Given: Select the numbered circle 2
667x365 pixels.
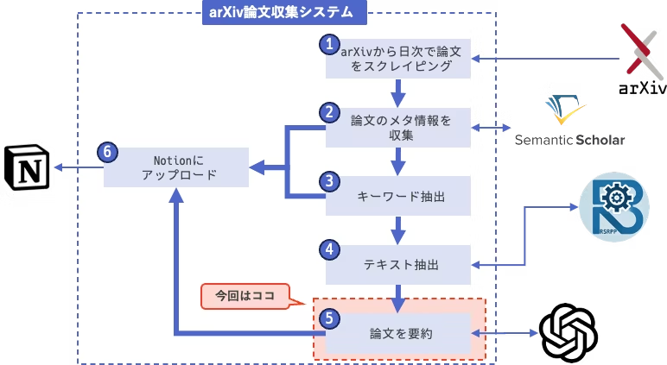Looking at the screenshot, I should [327, 112].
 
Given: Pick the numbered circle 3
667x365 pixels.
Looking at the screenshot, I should [327, 181].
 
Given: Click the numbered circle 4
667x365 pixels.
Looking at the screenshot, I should [327, 249].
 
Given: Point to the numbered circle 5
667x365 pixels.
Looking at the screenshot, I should [327, 318].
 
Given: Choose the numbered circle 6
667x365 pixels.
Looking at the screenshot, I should [106, 152].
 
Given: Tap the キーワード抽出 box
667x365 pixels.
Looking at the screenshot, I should [400, 196].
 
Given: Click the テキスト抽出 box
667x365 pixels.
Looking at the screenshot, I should [400, 263].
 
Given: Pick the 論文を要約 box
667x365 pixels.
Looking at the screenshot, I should [400, 332].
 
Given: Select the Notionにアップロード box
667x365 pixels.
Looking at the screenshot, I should [177, 166].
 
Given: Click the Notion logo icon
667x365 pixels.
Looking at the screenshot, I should [29, 167].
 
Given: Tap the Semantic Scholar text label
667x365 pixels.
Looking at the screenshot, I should [570, 140].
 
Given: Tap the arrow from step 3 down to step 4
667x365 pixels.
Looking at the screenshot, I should [398, 229].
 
